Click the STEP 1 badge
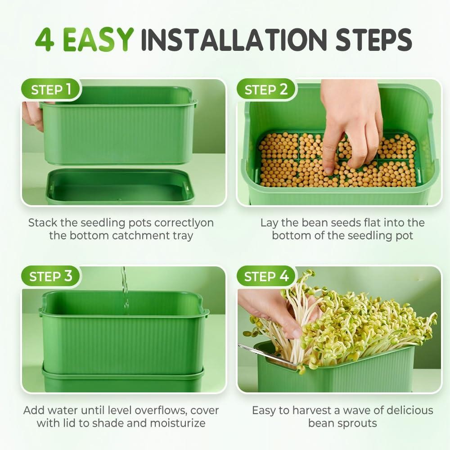[x=51, y=90]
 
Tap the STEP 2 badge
[x=266, y=90]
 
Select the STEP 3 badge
[x=51, y=276]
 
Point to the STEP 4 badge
[x=266, y=276]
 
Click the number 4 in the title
[x=45, y=40]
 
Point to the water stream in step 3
[x=125, y=290]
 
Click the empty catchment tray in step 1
[x=120, y=187]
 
